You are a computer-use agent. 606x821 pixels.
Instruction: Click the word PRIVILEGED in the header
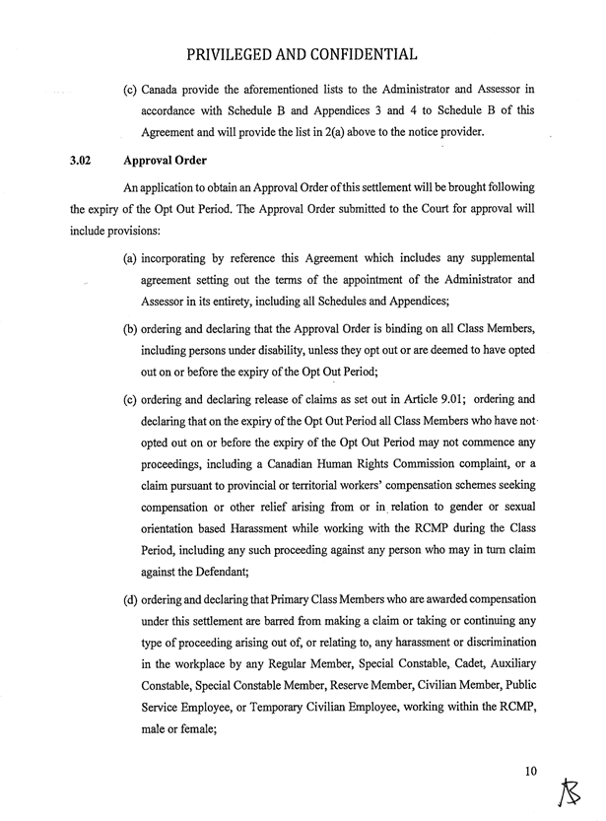tap(243, 51)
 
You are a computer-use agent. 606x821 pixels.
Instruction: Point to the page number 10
tap(532, 772)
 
